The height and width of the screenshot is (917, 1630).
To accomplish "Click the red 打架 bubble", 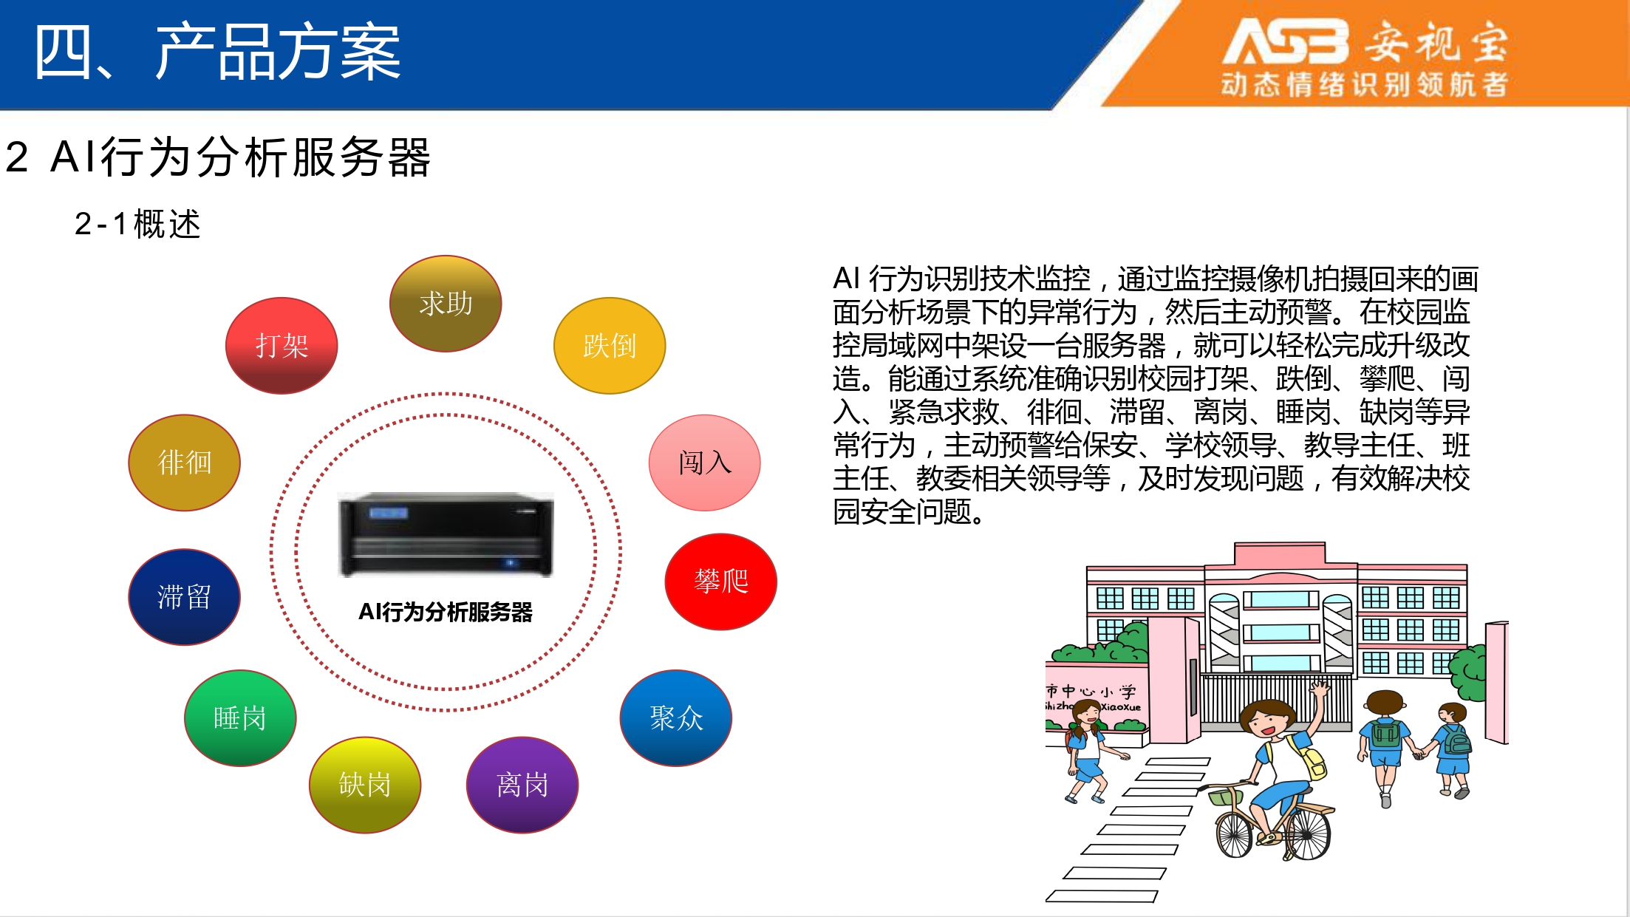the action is click(x=282, y=346).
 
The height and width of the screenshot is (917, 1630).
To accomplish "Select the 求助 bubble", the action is click(x=446, y=304).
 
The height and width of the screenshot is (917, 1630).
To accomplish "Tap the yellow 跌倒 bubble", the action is click(x=610, y=346).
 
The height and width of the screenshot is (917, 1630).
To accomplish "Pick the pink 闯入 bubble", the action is click(x=705, y=463).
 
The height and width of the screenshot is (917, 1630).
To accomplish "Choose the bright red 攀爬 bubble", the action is click(x=721, y=582).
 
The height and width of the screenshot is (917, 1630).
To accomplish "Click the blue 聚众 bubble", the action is click(x=676, y=718).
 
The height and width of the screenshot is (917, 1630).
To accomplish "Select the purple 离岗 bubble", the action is click(x=522, y=785).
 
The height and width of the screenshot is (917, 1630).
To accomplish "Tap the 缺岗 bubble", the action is click(x=365, y=785).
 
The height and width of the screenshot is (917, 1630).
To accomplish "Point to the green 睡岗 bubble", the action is click(x=240, y=718).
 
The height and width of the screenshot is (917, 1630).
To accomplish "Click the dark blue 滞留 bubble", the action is click(x=185, y=597).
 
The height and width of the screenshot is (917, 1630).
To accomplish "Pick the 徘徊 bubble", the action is click(x=185, y=463).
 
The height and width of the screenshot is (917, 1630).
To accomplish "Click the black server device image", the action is click(x=446, y=534).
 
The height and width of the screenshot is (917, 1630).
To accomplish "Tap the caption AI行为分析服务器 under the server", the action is click(x=446, y=612).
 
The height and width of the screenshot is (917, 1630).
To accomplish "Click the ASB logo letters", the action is click(x=1286, y=41).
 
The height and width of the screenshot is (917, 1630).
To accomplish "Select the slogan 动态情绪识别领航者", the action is click(x=1364, y=84).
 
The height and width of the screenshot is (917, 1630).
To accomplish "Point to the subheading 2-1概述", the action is click(x=137, y=224).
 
